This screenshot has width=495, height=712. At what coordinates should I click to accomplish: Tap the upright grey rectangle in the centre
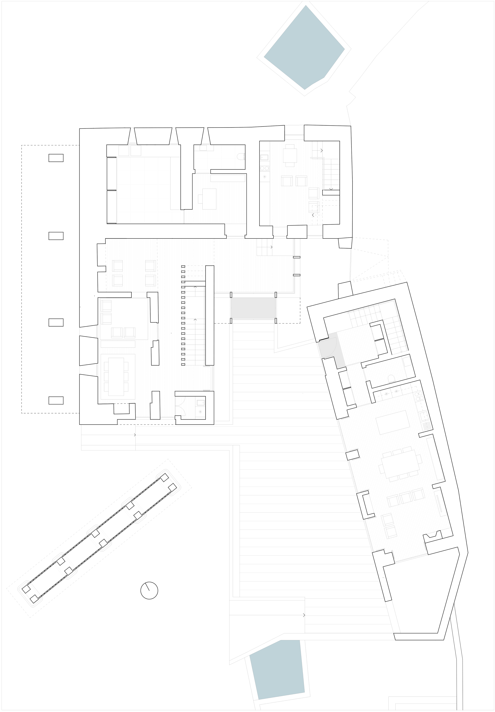(253, 308)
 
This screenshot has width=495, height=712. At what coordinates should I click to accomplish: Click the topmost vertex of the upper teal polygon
(306, 5)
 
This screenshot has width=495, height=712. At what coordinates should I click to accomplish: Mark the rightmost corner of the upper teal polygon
(345, 49)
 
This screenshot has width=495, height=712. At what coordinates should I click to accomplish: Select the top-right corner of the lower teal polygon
(300, 640)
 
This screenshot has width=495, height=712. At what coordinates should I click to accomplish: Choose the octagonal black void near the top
(290, 155)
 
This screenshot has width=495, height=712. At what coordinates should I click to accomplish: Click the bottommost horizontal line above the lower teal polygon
(349, 633)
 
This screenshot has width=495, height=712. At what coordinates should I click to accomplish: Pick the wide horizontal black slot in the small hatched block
(227, 179)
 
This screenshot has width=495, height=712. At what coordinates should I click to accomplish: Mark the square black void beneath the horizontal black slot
(207, 199)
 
